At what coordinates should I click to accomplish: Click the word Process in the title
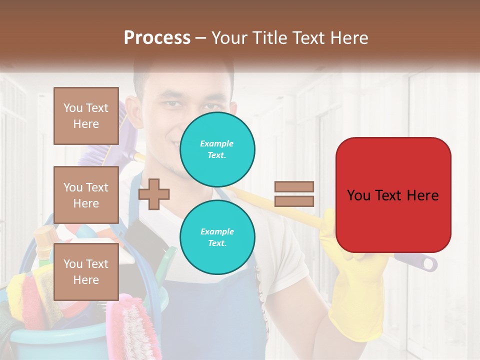[157, 37]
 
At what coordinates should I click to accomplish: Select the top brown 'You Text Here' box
[86, 116]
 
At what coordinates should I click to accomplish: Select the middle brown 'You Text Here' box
[86, 195]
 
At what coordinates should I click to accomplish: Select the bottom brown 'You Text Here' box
[86, 272]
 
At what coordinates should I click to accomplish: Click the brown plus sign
[154, 194]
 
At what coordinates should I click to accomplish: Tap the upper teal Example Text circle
[217, 149]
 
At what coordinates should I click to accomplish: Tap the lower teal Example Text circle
[217, 237]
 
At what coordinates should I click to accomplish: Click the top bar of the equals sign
[294, 186]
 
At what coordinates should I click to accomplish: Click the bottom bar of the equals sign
[294, 201]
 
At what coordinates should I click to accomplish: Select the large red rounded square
[393, 195]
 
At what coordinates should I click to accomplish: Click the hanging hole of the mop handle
[429, 263]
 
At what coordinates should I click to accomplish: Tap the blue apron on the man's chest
[210, 310]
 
